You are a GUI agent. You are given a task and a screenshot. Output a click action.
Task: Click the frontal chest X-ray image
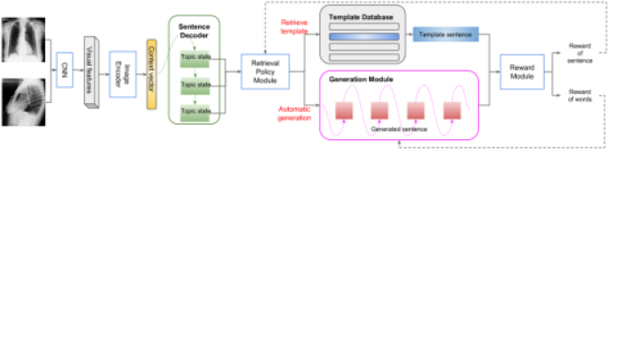click(24, 39)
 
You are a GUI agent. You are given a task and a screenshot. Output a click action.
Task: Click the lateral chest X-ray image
click(24, 101)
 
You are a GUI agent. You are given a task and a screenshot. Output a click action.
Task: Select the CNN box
click(64, 70)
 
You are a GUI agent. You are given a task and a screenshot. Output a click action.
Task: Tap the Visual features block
click(90, 71)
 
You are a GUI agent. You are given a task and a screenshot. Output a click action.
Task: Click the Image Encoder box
click(122, 71)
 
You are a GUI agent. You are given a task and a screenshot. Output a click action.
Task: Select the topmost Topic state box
click(195, 57)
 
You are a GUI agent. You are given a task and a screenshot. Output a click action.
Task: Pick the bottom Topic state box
click(195, 111)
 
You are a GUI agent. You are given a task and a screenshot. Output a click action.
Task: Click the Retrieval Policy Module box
click(265, 71)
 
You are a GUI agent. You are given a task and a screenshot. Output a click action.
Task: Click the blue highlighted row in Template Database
click(362, 37)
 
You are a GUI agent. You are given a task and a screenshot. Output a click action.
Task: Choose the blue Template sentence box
click(445, 34)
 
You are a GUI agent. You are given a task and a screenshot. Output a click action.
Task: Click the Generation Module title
click(361, 80)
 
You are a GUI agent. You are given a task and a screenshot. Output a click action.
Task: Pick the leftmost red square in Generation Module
click(344, 109)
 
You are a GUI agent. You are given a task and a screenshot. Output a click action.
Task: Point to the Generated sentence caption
click(398, 129)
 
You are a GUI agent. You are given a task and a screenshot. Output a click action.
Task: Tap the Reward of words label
click(580, 94)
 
